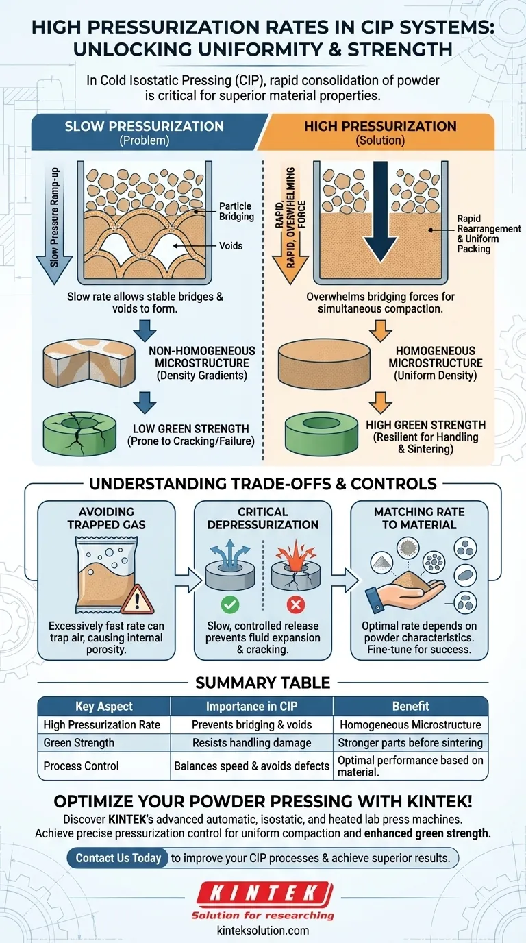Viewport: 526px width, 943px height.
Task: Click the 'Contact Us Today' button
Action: pos(118,858)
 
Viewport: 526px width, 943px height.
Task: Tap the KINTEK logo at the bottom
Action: pos(262,894)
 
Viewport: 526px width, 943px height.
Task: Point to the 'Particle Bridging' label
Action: pos(235,211)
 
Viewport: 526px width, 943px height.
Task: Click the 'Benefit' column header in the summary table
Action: pos(410,706)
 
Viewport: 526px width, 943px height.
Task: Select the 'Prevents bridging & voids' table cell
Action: pos(251,724)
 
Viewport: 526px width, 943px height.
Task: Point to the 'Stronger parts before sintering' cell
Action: pos(410,742)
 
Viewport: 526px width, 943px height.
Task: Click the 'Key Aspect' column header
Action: pos(104,706)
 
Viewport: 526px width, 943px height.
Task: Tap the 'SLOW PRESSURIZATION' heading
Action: pos(144,126)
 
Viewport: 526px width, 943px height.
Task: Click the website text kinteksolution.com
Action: pos(262,930)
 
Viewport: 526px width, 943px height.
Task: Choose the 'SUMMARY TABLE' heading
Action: pos(263,682)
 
